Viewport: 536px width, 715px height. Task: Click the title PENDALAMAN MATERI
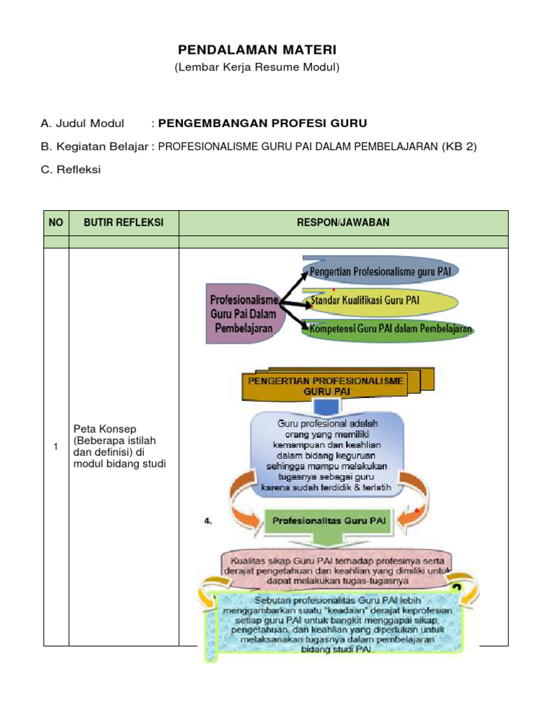pyautogui.click(x=257, y=50)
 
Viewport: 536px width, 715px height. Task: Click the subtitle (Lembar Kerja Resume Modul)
pyautogui.click(x=257, y=67)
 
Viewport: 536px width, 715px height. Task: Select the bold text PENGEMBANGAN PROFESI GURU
pyautogui.click(x=262, y=124)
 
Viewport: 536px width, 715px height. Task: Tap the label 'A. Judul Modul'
pyautogui.click(x=82, y=124)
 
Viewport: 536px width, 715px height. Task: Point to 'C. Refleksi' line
pyautogui.click(x=70, y=170)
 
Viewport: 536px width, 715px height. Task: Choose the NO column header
pyautogui.click(x=56, y=223)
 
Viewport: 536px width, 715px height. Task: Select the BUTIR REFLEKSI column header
pyautogui.click(x=124, y=223)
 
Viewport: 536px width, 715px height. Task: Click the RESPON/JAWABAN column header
pyautogui.click(x=343, y=223)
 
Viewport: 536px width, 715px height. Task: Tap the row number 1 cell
pyautogui.click(x=56, y=447)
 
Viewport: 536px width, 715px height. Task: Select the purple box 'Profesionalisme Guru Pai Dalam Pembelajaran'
pyautogui.click(x=243, y=314)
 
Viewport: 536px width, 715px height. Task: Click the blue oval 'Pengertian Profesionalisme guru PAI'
pyautogui.click(x=381, y=270)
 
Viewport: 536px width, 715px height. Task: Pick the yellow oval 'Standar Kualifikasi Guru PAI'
pyautogui.click(x=381, y=300)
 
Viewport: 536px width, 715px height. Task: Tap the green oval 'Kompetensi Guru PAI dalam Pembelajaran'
pyautogui.click(x=388, y=329)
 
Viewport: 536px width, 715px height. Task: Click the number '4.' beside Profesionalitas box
pyautogui.click(x=208, y=521)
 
